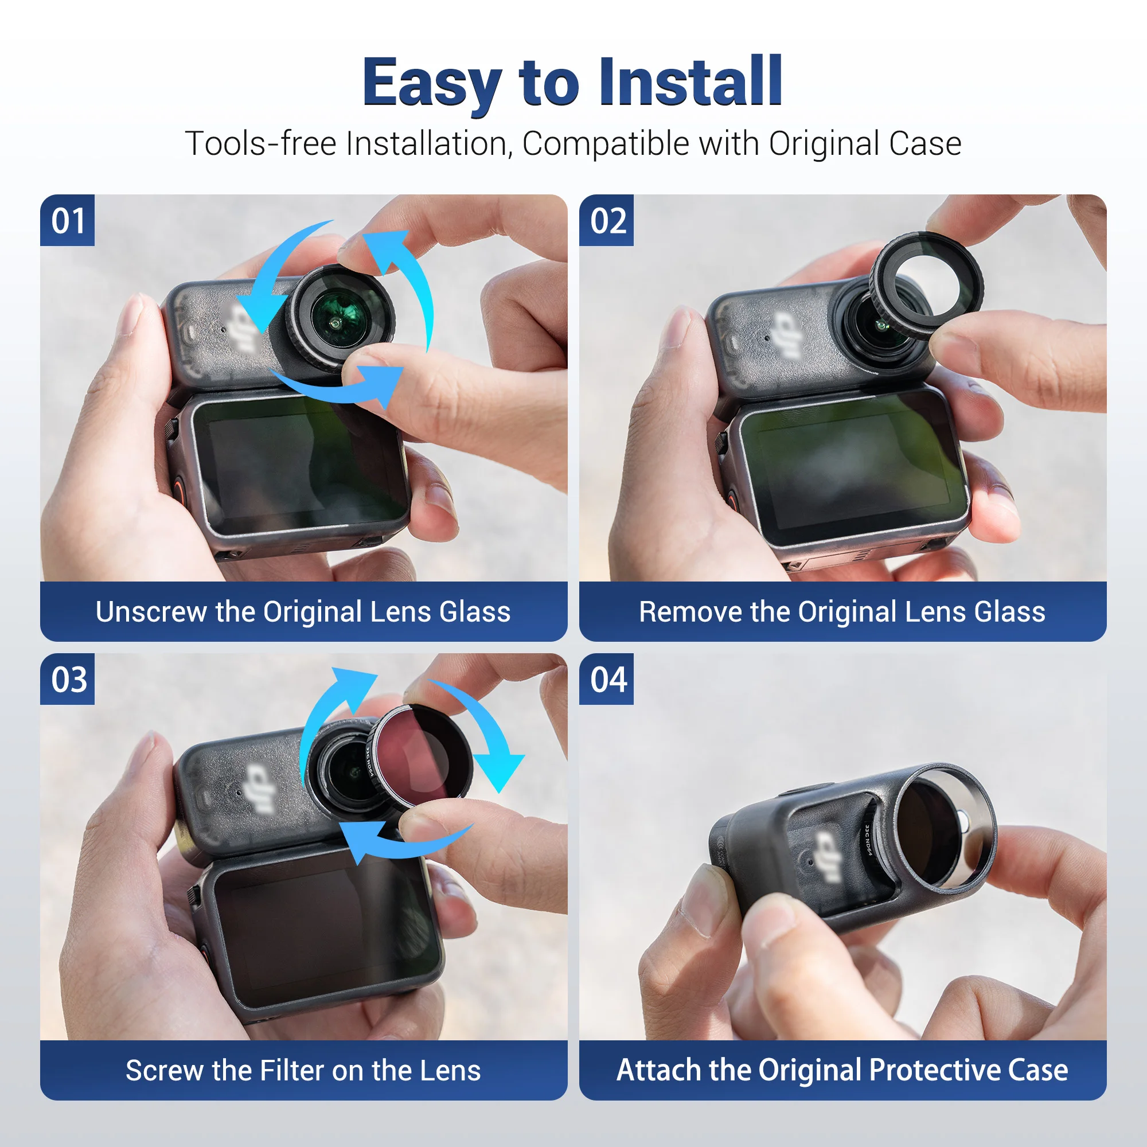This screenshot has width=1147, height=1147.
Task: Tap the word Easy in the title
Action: point(432,83)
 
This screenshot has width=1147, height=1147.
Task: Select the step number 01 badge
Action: point(67,220)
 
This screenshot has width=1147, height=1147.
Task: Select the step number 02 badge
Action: point(606,220)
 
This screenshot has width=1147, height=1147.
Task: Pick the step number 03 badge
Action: point(67,679)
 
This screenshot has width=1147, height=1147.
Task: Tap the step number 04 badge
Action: point(606,679)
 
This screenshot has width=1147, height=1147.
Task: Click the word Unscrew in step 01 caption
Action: point(150,611)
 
